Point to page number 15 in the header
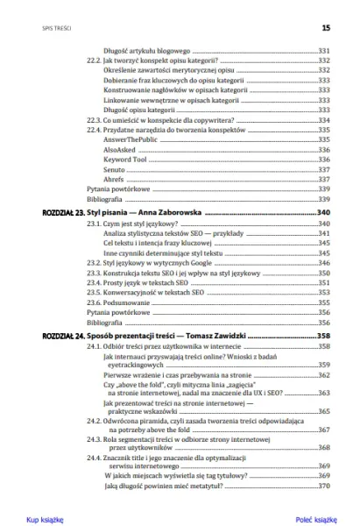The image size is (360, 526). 326,27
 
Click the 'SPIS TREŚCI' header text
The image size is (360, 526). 43,27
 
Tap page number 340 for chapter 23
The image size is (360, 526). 323,212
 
